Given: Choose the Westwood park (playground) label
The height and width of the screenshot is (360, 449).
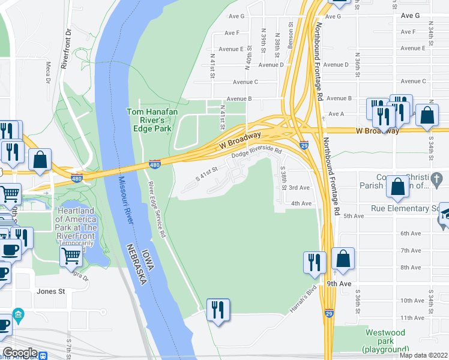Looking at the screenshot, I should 385,341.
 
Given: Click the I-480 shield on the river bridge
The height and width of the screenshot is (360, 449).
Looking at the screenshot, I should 154,164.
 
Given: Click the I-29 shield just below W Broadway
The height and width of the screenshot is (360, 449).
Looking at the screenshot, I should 304,146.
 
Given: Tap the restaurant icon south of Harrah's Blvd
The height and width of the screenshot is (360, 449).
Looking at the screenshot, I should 217,310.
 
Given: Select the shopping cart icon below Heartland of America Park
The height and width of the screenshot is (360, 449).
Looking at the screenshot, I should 71,256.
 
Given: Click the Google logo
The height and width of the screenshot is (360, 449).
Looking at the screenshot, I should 20,353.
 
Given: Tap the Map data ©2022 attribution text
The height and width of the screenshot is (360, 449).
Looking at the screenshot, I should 423,355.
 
